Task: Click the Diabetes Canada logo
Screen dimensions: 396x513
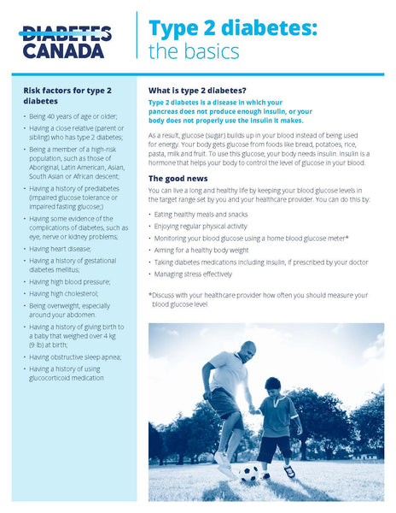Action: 65,41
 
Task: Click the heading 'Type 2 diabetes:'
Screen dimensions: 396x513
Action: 233,28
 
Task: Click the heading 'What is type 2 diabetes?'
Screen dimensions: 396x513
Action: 197,91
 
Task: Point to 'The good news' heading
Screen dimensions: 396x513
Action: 178,178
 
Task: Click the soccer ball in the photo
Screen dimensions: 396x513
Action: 249,471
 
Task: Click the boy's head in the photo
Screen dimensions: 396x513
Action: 273,386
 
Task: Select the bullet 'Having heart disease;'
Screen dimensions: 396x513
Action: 65,249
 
